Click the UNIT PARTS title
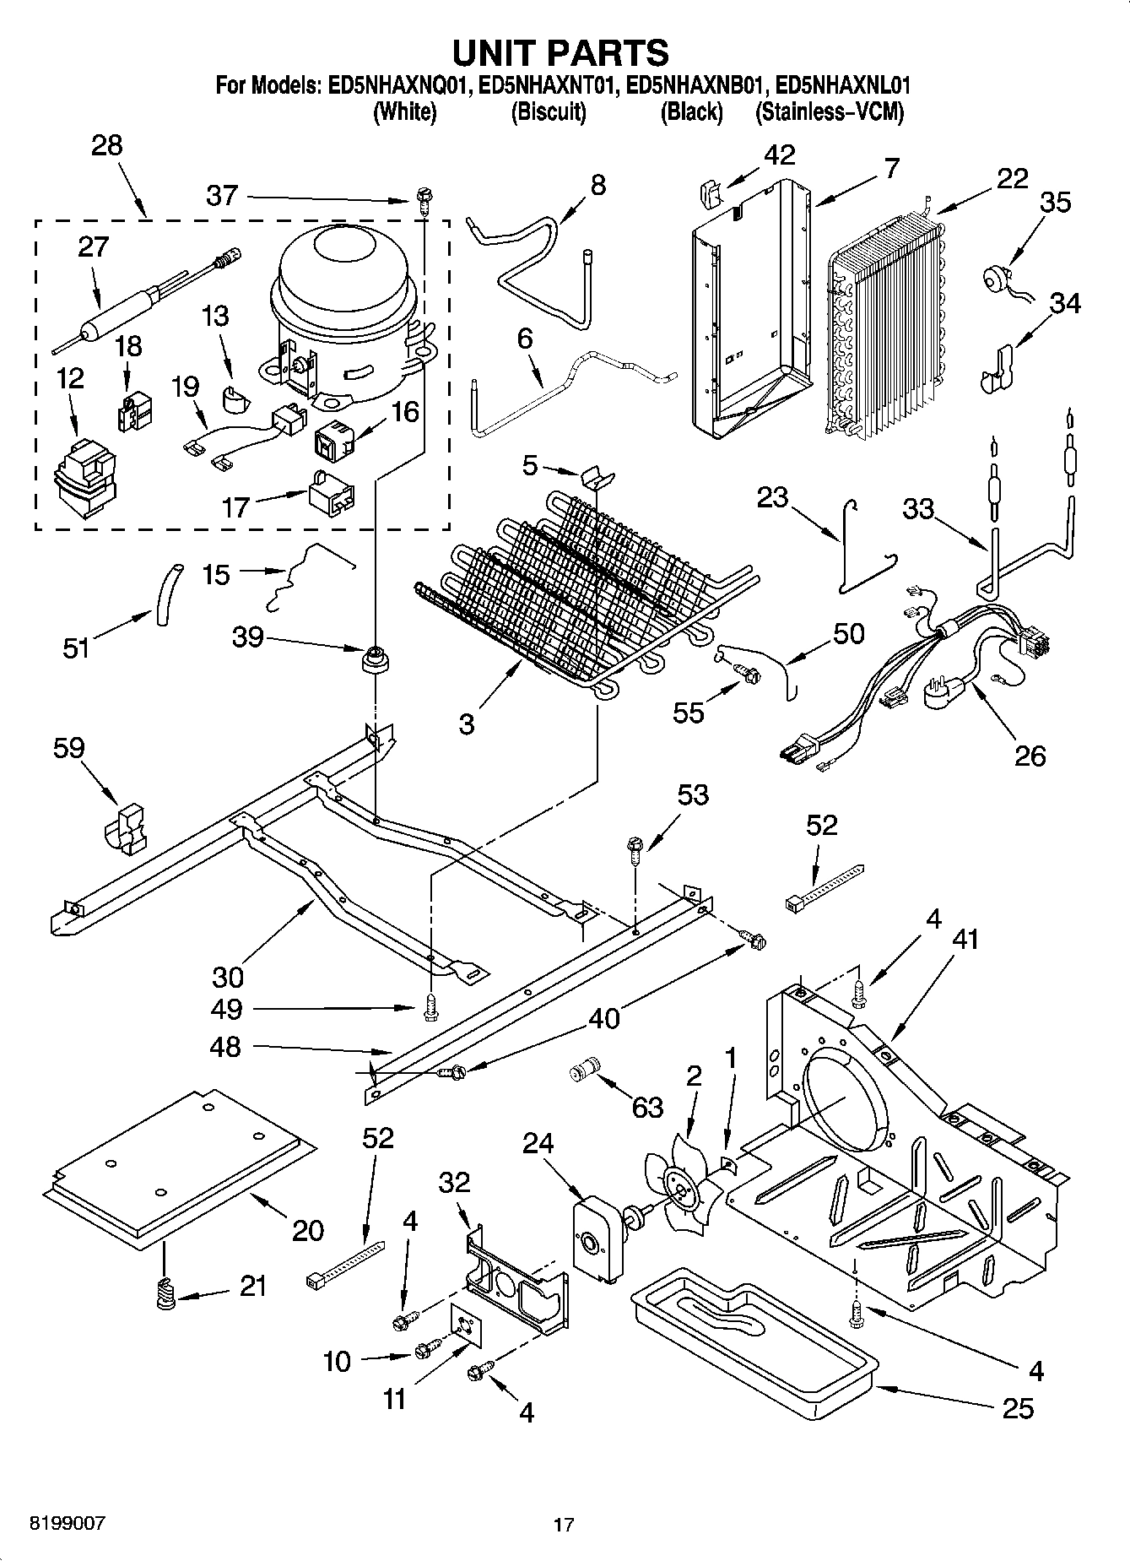pyautogui.click(x=560, y=52)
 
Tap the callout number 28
pyautogui.click(x=107, y=145)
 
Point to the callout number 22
pyautogui.click(x=1012, y=178)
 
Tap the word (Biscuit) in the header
pyautogui.click(x=549, y=111)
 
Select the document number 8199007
pyautogui.click(x=68, y=1523)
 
